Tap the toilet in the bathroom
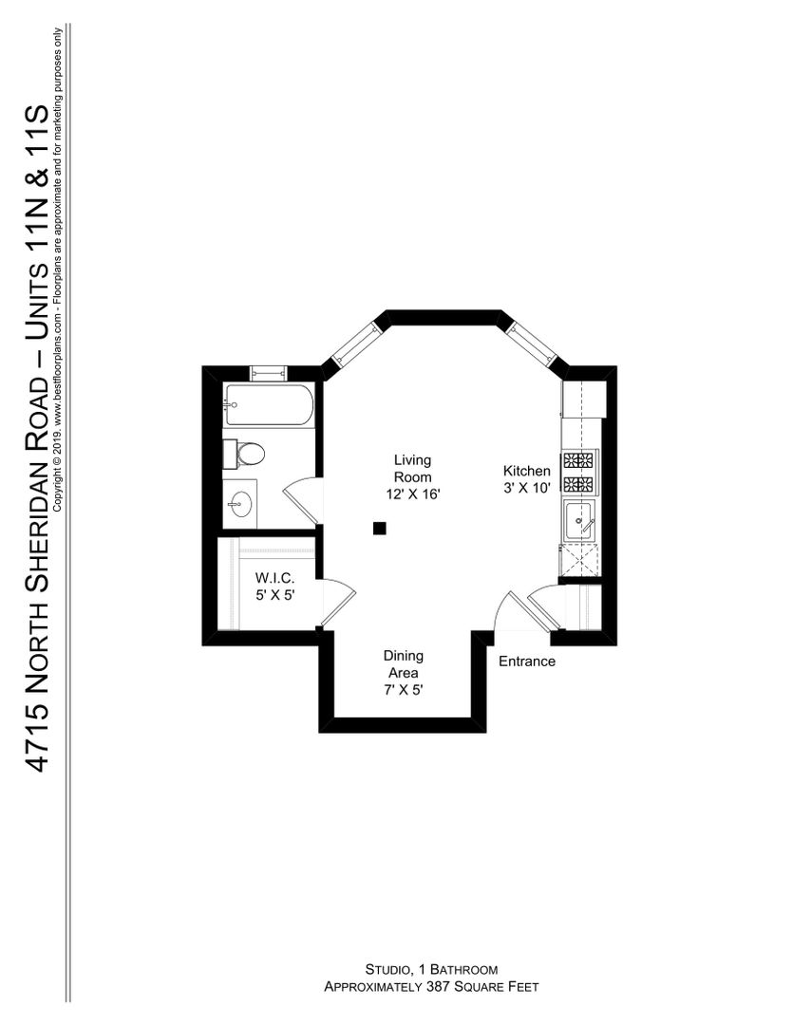tap(243, 454)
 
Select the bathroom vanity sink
tap(239, 504)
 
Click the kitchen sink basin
tap(580, 521)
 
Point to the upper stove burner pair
tap(578, 460)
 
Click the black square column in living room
tap(379, 529)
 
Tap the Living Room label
tap(412, 469)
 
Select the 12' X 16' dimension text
tap(412, 494)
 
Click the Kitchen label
tap(527, 471)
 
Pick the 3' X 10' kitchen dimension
tap(527, 488)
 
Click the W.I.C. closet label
tap(274, 579)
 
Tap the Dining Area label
tap(403, 664)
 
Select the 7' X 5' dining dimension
tap(404, 690)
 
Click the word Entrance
tap(527, 662)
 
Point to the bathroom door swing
tap(301, 499)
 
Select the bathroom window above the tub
tap(268, 373)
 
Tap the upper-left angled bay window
tap(354, 342)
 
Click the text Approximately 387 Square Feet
tap(431, 986)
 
